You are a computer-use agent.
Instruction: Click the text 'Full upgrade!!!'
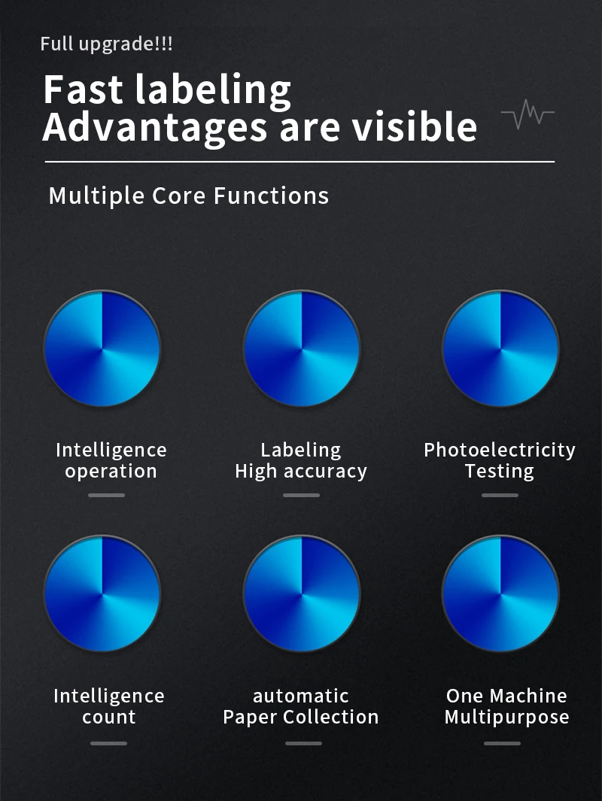tap(106, 44)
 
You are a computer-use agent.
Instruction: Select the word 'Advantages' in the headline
tap(155, 128)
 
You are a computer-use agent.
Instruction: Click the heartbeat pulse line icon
tap(528, 114)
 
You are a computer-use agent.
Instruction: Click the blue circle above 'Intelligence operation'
tap(102, 349)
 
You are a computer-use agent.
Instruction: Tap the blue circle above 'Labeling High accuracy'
tap(302, 349)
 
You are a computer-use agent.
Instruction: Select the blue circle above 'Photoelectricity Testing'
tap(500, 349)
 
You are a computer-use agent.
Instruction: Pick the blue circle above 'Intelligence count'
tap(102, 594)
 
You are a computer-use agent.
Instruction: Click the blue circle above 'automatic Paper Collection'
tap(302, 594)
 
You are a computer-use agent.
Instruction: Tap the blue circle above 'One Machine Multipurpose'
tap(500, 594)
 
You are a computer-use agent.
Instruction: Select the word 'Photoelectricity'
tap(500, 450)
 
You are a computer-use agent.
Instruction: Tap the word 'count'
tap(109, 717)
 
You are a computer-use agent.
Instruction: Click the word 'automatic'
tap(301, 696)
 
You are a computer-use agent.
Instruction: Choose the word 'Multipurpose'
tap(507, 718)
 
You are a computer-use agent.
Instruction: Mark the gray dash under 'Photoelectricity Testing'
tap(500, 495)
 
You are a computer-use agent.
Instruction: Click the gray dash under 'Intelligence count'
tap(108, 743)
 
